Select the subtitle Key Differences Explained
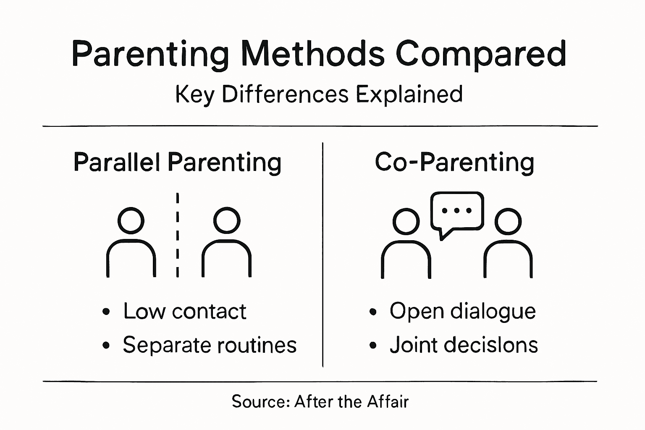click(x=319, y=94)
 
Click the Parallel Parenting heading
click(x=177, y=162)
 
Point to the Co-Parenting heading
click(x=454, y=162)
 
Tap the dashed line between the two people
click(x=178, y=235)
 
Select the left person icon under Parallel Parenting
click(x=131, y=244)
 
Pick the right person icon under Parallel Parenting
click(x=227, y=244)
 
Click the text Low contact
click(x=184, y=312)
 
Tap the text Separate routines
click(x=210, y=345)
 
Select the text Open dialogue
click(x=462, y=312)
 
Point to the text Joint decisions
click(x=464, y=345)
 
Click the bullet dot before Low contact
click(x=106, y=312)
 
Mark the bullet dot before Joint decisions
click(x=372, y=346)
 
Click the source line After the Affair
click(x=320, y=402)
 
